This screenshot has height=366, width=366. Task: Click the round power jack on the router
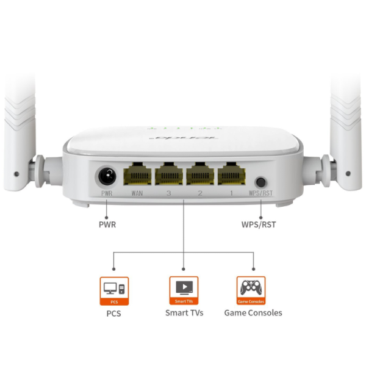108,176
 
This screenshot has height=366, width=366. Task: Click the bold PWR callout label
107,224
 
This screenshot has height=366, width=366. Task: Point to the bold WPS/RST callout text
259,224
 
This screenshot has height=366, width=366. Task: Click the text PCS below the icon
114,314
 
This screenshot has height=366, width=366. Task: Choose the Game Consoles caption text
253,313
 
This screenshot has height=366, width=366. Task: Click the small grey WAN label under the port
137,193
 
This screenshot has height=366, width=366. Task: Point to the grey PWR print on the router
107,193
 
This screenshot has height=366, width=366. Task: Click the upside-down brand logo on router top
184,140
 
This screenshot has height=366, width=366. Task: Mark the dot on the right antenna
348,173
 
